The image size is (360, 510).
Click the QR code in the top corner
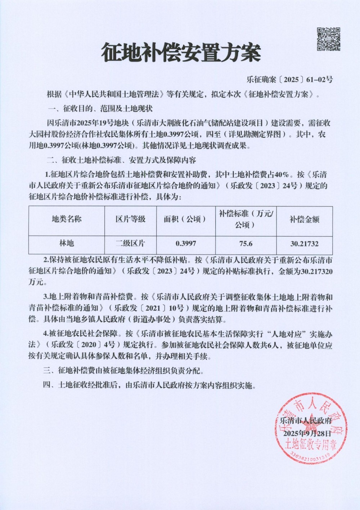coord(328,39)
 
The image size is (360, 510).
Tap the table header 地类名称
coord(67,219)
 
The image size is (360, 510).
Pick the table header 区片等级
coord(130,219)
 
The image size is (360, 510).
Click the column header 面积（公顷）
coord(185,219)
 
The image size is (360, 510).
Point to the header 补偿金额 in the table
coord(304,219)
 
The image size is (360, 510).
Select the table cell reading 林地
coord(67,243)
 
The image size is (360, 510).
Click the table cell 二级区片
coord(130,243)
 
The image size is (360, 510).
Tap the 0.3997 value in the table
coord(186,243)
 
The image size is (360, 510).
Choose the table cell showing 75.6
coord(246,243)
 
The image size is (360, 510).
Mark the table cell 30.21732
coord(305,243)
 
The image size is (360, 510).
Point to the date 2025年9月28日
coord(307,434)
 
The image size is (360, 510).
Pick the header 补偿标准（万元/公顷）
coord(246,219)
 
